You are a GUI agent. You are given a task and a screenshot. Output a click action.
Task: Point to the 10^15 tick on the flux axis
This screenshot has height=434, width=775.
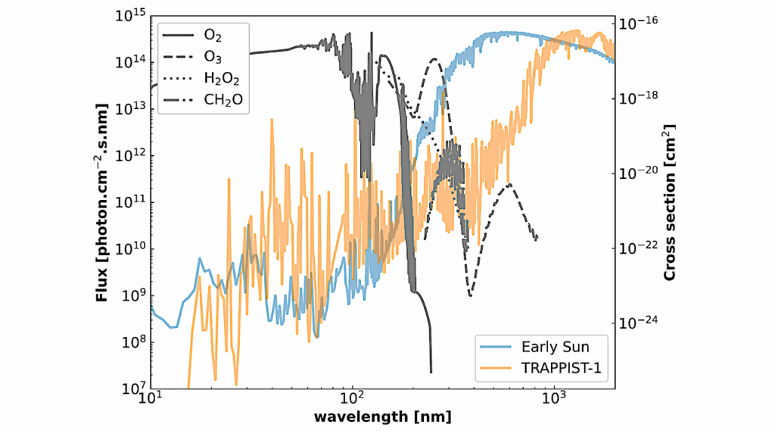[x=131, y=15]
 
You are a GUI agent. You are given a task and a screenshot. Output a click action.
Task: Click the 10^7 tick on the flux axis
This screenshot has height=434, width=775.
[x=131, y=389]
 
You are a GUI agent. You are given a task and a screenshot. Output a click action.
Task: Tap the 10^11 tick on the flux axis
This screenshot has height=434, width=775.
[x=131, y=202]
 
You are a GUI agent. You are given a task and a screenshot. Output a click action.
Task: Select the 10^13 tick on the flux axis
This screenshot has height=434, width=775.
[x=131, y=109]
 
